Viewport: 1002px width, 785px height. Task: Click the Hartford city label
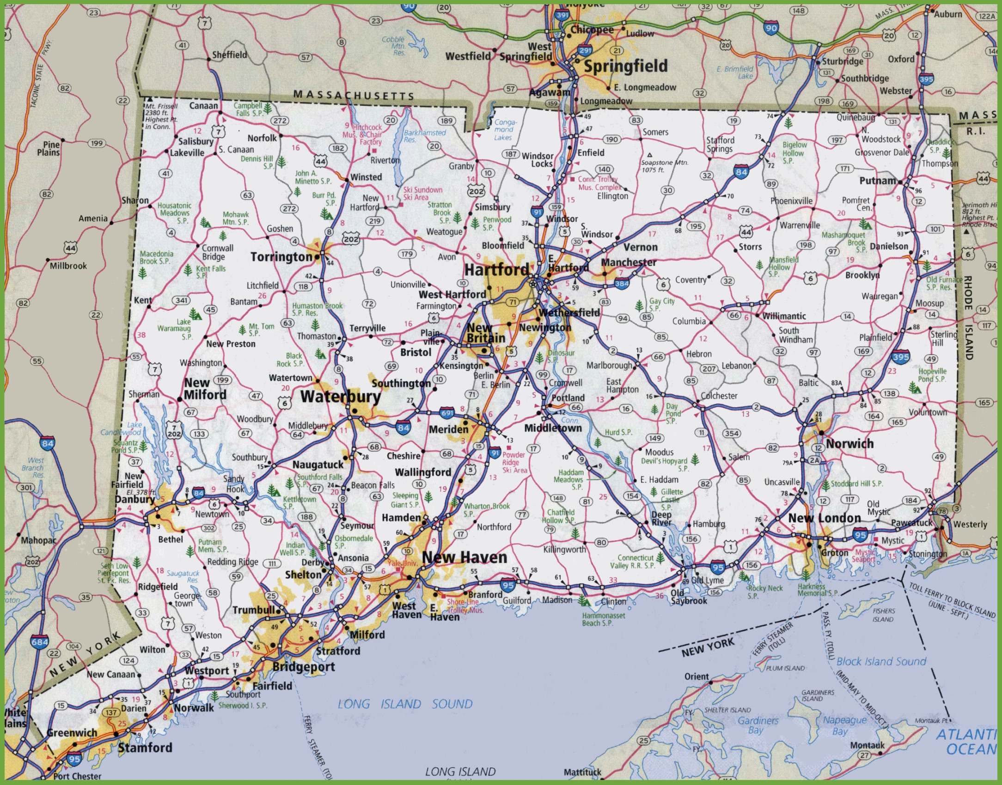point(496,270)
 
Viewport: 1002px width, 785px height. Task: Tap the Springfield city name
point(625,66)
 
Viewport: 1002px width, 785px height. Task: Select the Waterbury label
point(341,397)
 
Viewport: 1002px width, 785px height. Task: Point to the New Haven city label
point(464,557)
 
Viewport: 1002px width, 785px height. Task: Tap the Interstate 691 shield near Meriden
point(446,413)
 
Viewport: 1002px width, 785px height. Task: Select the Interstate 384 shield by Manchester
point(622,284)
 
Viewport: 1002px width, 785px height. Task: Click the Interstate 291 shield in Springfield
point(585,50)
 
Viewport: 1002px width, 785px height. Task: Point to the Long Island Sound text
point(405,704)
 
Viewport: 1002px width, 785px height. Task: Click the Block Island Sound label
point(881,662)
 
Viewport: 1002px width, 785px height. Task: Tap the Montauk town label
point(867,745)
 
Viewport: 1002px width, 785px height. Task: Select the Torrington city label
point(281,257)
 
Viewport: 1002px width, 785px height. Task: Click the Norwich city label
point(849,444)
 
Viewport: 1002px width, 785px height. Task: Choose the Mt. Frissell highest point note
point(161,116)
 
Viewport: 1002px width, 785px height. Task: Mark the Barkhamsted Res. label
point(424,136)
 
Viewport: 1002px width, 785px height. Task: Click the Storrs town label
point(750,247)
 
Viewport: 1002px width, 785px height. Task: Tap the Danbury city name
point(134,499)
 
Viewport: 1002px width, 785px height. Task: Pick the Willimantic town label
point(784,316)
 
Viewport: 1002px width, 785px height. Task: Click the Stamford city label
point(145,748)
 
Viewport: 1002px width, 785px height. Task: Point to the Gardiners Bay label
point(758,725)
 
